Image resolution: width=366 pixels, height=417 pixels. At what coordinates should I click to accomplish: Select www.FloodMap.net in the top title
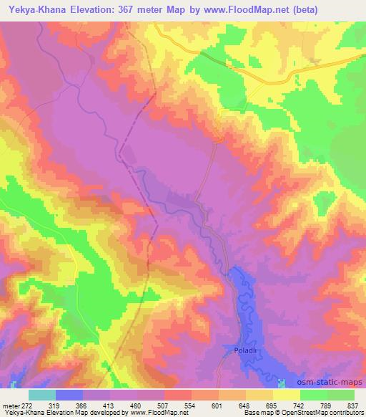(252, 10)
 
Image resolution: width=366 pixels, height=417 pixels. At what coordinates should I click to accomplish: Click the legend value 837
(352, 405)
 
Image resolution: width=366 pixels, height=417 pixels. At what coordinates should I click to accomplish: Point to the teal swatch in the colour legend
(42, 395)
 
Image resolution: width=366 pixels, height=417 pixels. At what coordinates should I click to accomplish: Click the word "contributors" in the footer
(345, 413)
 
